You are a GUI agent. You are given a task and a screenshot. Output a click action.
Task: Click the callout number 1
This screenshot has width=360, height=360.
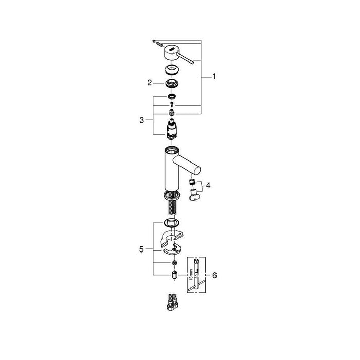coord(214,76)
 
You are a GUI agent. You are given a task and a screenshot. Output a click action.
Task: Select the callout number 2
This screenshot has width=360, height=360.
coord(150,83)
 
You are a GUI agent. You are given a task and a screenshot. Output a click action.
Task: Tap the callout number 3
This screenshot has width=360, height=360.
coord(141,120)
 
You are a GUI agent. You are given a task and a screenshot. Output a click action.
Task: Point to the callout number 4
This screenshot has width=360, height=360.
coord(208,185)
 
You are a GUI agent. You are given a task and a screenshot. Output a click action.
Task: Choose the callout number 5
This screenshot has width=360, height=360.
coord(141,249)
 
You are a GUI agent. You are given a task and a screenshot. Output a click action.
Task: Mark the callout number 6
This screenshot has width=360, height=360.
coord(214,275)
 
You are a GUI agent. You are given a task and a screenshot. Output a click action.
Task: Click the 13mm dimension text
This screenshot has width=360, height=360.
coord(190,275)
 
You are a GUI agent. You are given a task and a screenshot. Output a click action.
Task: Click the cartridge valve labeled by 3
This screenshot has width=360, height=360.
coord(171,129)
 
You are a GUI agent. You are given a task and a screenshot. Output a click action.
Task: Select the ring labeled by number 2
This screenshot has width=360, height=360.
coord(172,83)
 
